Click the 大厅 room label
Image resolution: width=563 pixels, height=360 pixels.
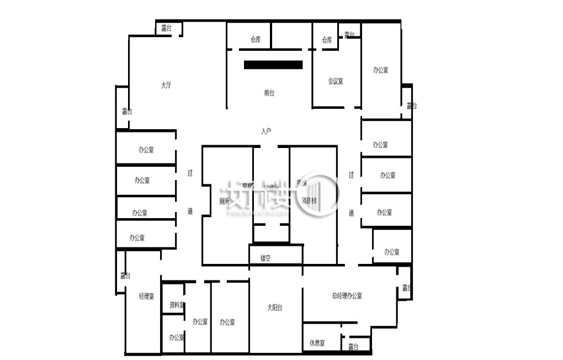(x=166, y=86)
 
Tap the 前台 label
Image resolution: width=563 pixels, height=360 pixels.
(x=269, y=93)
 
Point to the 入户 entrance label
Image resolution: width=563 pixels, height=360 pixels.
(x=266, y=131)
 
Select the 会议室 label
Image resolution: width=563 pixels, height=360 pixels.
(x=336, y=81)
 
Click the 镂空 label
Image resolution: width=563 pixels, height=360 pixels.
(x=265, y=258)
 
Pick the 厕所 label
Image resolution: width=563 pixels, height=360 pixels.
(x=224, y=201)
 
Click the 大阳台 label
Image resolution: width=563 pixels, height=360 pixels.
(x=275, y=308)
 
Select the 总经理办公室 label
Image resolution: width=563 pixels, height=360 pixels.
(x=347, y=296)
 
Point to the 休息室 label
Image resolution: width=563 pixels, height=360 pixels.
(x=317, y=343)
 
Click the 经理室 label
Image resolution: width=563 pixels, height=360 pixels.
(x=147, y=297)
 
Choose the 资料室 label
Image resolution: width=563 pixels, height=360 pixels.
(x=177, y=305)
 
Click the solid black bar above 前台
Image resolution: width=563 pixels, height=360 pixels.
(x=273, y=65)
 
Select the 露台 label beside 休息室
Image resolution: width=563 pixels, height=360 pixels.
(x=353, y=347)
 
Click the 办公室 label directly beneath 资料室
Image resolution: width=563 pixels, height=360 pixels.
(x=177, y=337)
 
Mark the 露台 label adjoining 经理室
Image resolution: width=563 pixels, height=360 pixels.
(x=125, y=276)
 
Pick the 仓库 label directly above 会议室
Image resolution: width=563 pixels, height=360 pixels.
(x=327, y=40)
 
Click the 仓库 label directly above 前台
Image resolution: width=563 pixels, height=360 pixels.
(x=255, y=40)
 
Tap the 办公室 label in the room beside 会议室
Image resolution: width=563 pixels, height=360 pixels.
(x=380, y=70)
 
